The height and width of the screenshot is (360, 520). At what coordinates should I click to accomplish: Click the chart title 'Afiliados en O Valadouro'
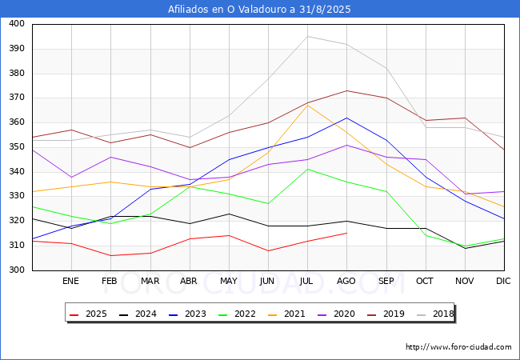click(259, 10)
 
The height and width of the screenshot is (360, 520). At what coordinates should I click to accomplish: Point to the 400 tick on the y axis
click(16, 24)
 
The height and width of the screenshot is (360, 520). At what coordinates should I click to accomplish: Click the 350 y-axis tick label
click(16, 147)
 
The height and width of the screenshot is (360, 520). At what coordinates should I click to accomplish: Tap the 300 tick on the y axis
click(16, 270)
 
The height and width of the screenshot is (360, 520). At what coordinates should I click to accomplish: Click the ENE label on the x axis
click(71, 282)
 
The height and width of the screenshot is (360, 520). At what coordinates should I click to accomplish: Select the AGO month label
click(346, 282)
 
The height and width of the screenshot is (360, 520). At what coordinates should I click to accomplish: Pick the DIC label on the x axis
click(503, 282)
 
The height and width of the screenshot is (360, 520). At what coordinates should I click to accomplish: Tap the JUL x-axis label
click(307, 282)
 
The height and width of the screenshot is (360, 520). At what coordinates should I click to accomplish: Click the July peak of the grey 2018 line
click(307, 36)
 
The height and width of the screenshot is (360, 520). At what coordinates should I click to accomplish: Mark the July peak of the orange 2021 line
click(307, 106)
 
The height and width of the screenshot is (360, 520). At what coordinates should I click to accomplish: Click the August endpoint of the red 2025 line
click(346, 233)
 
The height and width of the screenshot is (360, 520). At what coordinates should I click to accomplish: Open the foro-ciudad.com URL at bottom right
click(458, 347)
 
